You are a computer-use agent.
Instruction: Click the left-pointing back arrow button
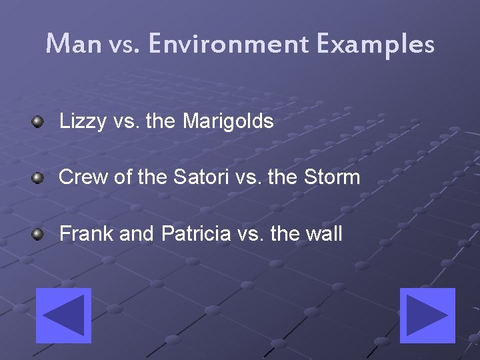tap(63, 315)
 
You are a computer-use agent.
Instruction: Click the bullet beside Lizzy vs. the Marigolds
tap(39, 121)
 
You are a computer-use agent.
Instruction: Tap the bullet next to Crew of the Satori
tap(39, 177)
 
